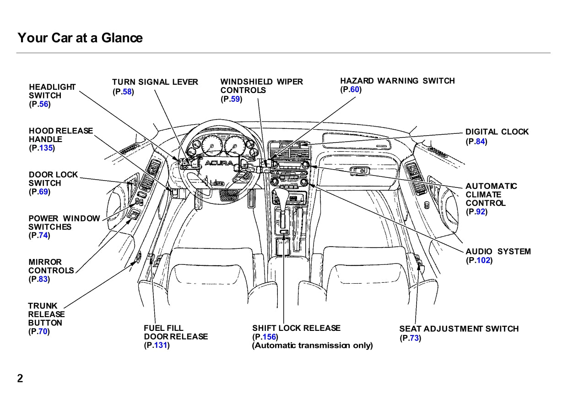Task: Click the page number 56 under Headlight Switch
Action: pyautogui.click(x=44, y=104)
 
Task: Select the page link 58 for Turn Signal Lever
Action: pyautogui.click(x=127, y=92)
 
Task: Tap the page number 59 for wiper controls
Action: pyautogui.click(x=235, y=99)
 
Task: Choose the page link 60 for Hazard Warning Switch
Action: pyautogui.click(x=355, y=90)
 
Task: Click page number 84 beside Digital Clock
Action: pyautogui.click(x=480, y=142)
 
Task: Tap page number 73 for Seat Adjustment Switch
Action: pyautogui.click(x=414, y=339)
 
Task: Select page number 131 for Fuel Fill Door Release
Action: pyautogui.click(x=160, y=346)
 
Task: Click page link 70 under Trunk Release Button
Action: pyautogui.click(x=43, y=332)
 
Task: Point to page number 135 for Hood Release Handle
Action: pyautogui.click(x=46, y=148)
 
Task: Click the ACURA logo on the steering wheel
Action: pyautogui.click(x=218, y=164)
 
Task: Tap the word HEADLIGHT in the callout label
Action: pyautogui.click(x=52, y=87)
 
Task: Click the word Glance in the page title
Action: pyautogui.click(x=122, y=38)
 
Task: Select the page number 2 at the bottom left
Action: pyautogui.click(x=20, y=379)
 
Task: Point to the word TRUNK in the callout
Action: pyautogui.click(x=43, y=306)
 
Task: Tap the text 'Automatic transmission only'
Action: pyautogui.click(x=313, y=346)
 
